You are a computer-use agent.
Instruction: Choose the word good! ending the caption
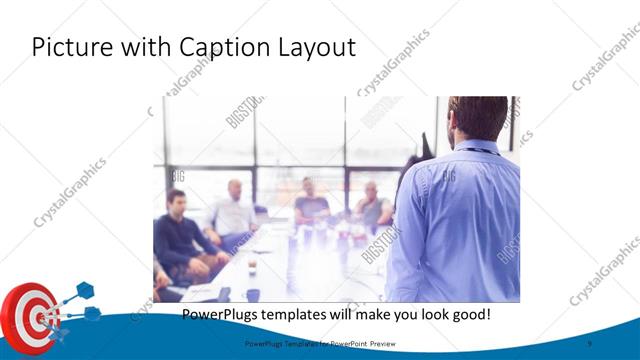pos(467,314)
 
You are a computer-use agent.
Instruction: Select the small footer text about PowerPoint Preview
pos(320,343)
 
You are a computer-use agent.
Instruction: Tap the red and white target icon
pos(30,318)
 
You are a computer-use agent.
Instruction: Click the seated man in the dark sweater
pos(178,235)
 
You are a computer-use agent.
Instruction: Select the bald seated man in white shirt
pos(233,210)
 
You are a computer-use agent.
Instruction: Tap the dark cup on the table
pos(252,267)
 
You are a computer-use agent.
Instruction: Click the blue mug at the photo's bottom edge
pos(253,295)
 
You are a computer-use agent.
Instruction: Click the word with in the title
pos(139,46)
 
